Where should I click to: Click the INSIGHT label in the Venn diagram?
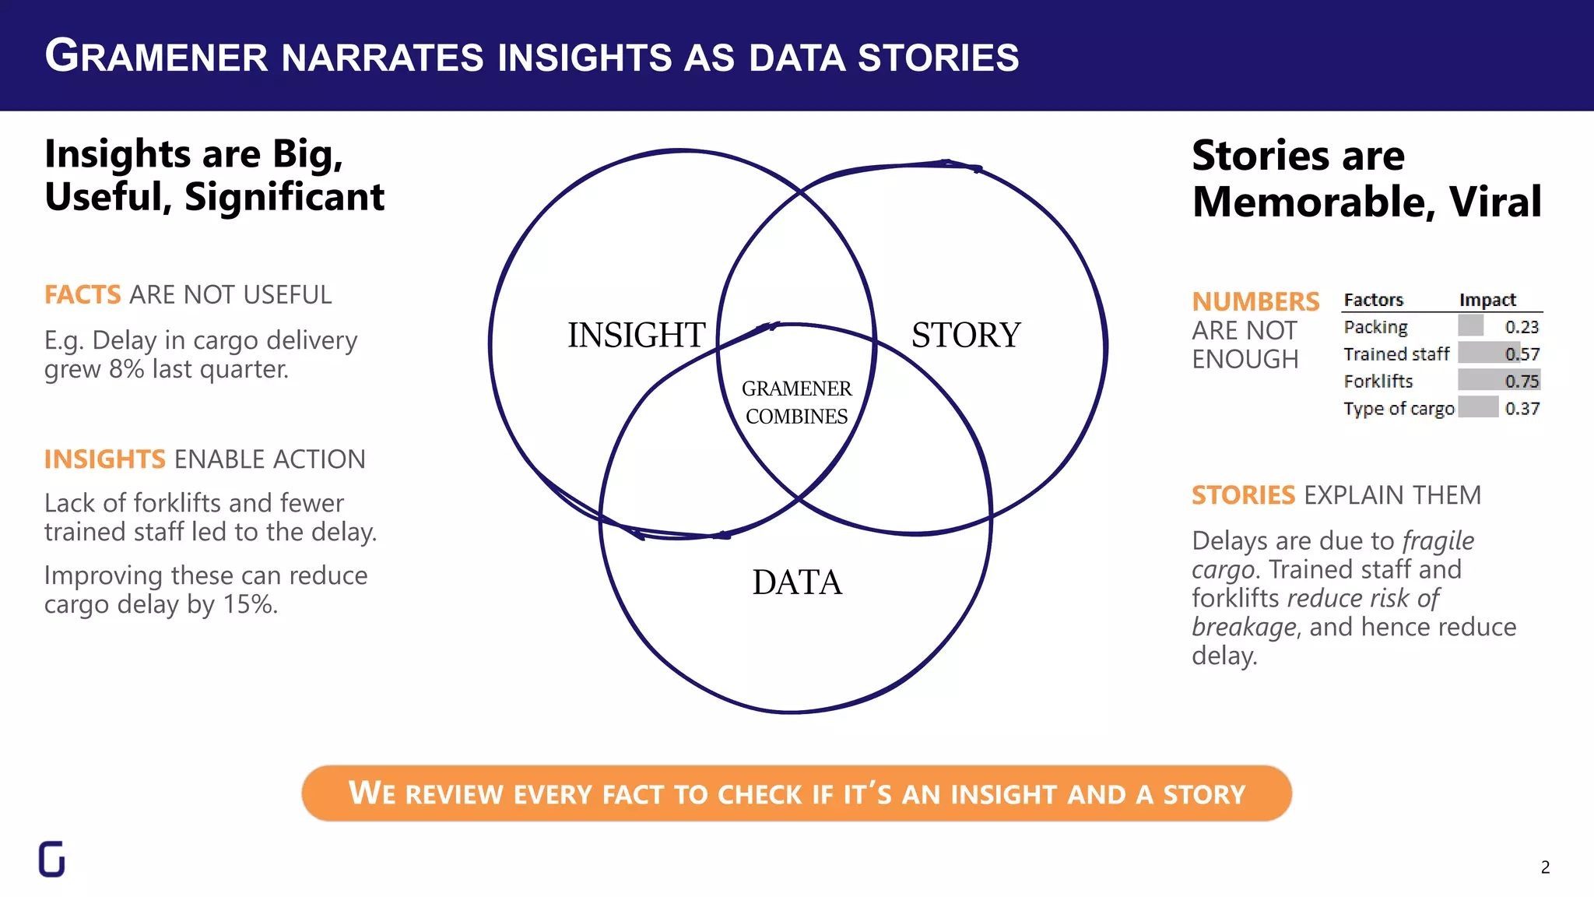coord(636,336)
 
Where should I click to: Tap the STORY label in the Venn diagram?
coord(966,336)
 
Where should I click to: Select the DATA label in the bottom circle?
coord(797,582)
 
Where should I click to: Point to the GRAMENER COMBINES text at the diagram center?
coord(796,402)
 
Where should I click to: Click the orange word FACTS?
coord(83,295)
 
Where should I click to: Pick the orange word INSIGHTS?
coord(105,459)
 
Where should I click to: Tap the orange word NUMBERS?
coord(1255,301)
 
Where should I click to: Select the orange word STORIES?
coord(1243,495)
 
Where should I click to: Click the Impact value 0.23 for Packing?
coord(1522,327)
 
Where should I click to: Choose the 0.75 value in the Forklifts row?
coord(1522,381)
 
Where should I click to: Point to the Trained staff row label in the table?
coord(1396,354)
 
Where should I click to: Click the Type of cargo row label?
coord(1399,409)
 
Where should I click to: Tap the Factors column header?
coord(1373,300)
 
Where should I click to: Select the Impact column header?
coord(1487,300)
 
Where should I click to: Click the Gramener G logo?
coord(52,859)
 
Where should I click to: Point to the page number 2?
coord(1545,867)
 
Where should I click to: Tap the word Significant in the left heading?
coord(284,197)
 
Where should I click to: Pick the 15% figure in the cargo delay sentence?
coord(250,604)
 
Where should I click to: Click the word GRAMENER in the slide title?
coord(156,57)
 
